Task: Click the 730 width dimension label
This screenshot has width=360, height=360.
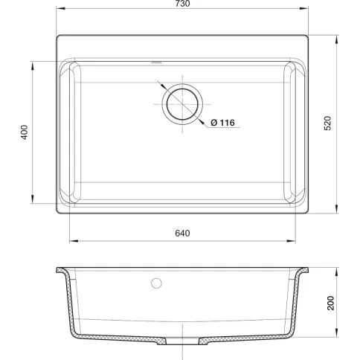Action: (x=182, y=4)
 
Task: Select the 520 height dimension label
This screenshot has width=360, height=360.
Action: (x=327, y=123)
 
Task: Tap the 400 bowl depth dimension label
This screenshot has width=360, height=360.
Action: (x=25, y=132)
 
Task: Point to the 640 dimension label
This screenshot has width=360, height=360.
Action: (x=182, y=234)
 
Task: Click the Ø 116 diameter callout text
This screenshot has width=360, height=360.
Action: (x=222, y=123)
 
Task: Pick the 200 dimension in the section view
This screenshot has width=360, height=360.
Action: (x=331, y=303)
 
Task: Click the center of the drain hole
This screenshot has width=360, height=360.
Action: (x=182, y=104)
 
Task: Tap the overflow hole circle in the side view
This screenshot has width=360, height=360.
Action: (x=156, y=283)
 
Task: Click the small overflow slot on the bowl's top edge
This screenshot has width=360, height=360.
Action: (x=156, y=62)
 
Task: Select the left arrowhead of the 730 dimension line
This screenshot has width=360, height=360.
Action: (x=60, y=8)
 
